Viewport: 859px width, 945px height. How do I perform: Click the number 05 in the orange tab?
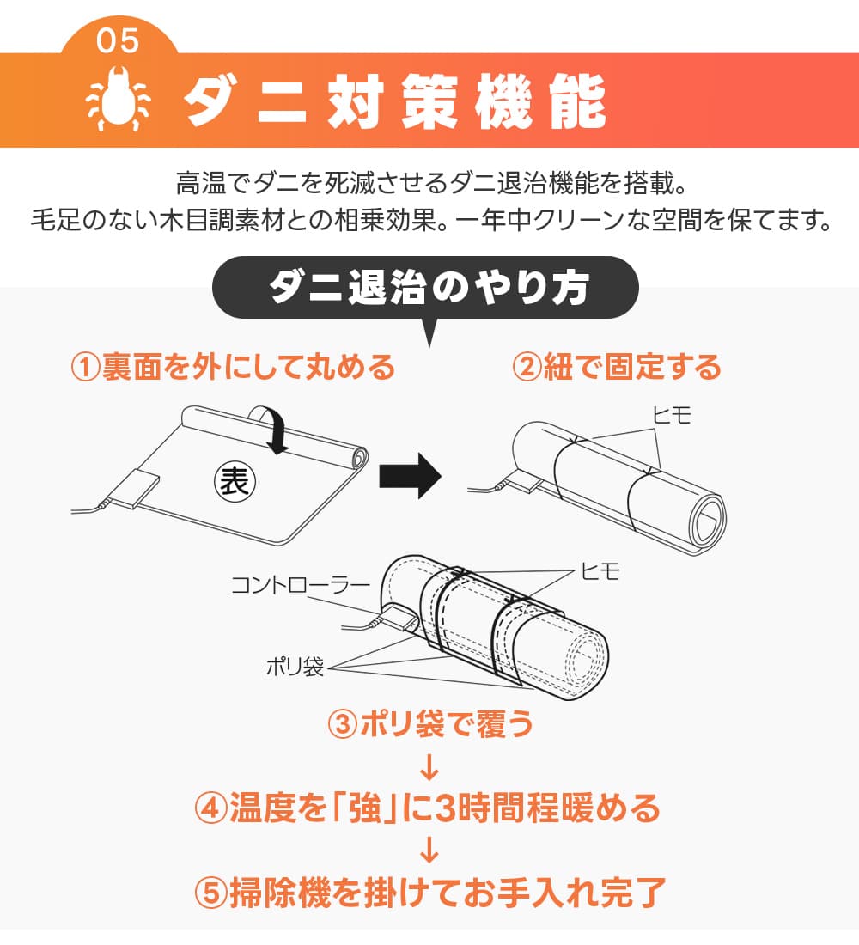click(118, 40)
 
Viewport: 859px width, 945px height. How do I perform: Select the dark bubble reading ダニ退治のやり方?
click(427, 290)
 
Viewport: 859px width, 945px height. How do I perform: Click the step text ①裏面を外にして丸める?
click(233, 368)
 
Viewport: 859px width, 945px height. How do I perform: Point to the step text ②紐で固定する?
click(617, 368)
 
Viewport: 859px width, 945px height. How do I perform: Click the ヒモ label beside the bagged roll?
click(600, 571)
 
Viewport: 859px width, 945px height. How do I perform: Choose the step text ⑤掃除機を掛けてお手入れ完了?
click(429, 893)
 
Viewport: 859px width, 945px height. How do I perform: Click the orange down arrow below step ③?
click(430, 765)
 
